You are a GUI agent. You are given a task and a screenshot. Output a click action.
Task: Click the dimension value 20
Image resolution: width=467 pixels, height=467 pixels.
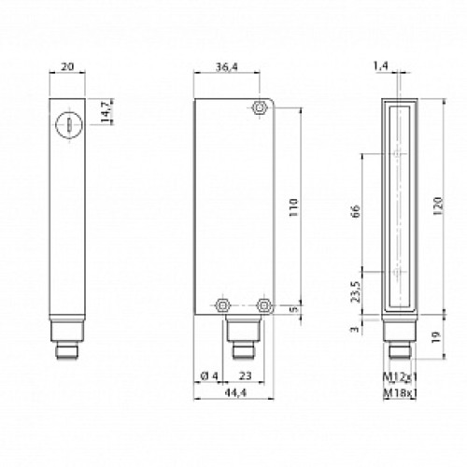tap(64, 67)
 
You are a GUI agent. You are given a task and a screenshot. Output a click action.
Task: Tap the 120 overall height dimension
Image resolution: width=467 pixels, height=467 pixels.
tap(439, 205)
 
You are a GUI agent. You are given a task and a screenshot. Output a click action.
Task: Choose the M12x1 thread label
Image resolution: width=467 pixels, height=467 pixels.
tap(401, 376)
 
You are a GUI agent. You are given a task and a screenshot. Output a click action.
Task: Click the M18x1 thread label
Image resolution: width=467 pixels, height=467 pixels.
tap(401, 392)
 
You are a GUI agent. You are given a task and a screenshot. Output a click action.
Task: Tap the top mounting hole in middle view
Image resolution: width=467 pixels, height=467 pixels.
tap(259, 109)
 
